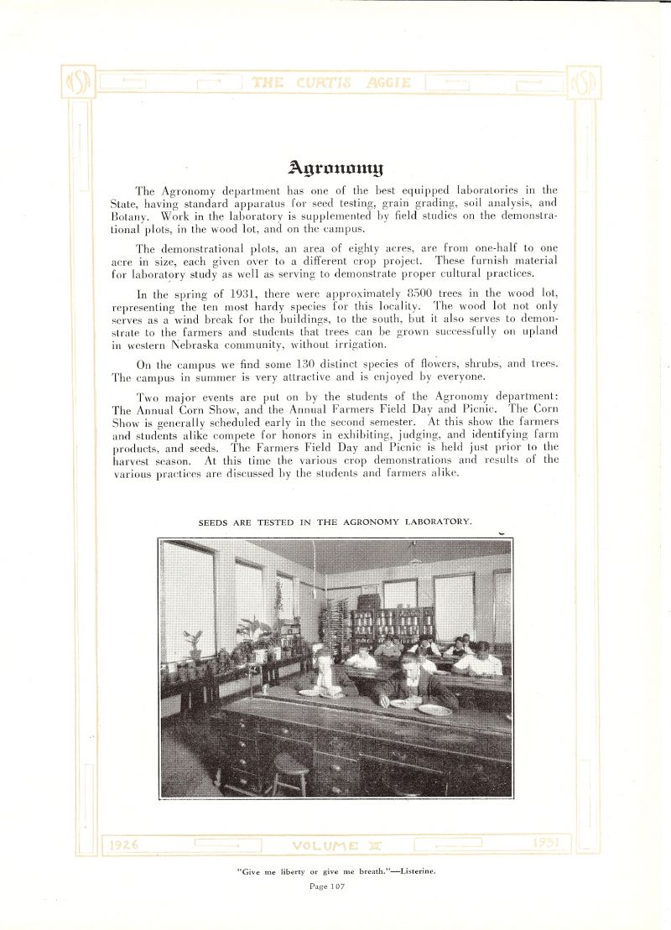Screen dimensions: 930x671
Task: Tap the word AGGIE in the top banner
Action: click(388, 82)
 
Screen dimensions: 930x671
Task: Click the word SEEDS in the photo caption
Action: click(216, 522)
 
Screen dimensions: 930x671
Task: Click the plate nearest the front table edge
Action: click(434, 709)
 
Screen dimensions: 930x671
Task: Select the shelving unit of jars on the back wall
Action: click(393, 625)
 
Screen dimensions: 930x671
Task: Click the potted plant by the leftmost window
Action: click(195, 644)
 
